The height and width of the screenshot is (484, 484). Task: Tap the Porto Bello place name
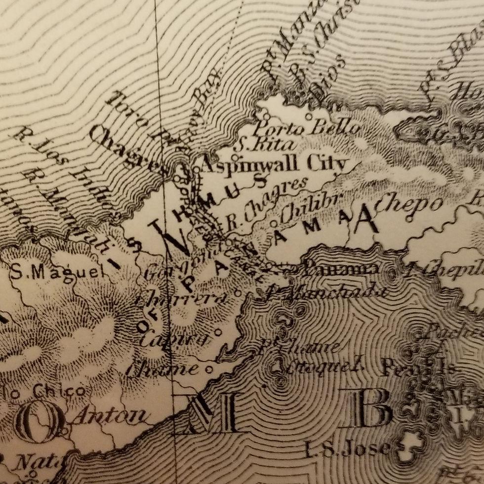[x=306, y=128]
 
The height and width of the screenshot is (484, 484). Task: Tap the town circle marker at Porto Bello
[x=309, y=117]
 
